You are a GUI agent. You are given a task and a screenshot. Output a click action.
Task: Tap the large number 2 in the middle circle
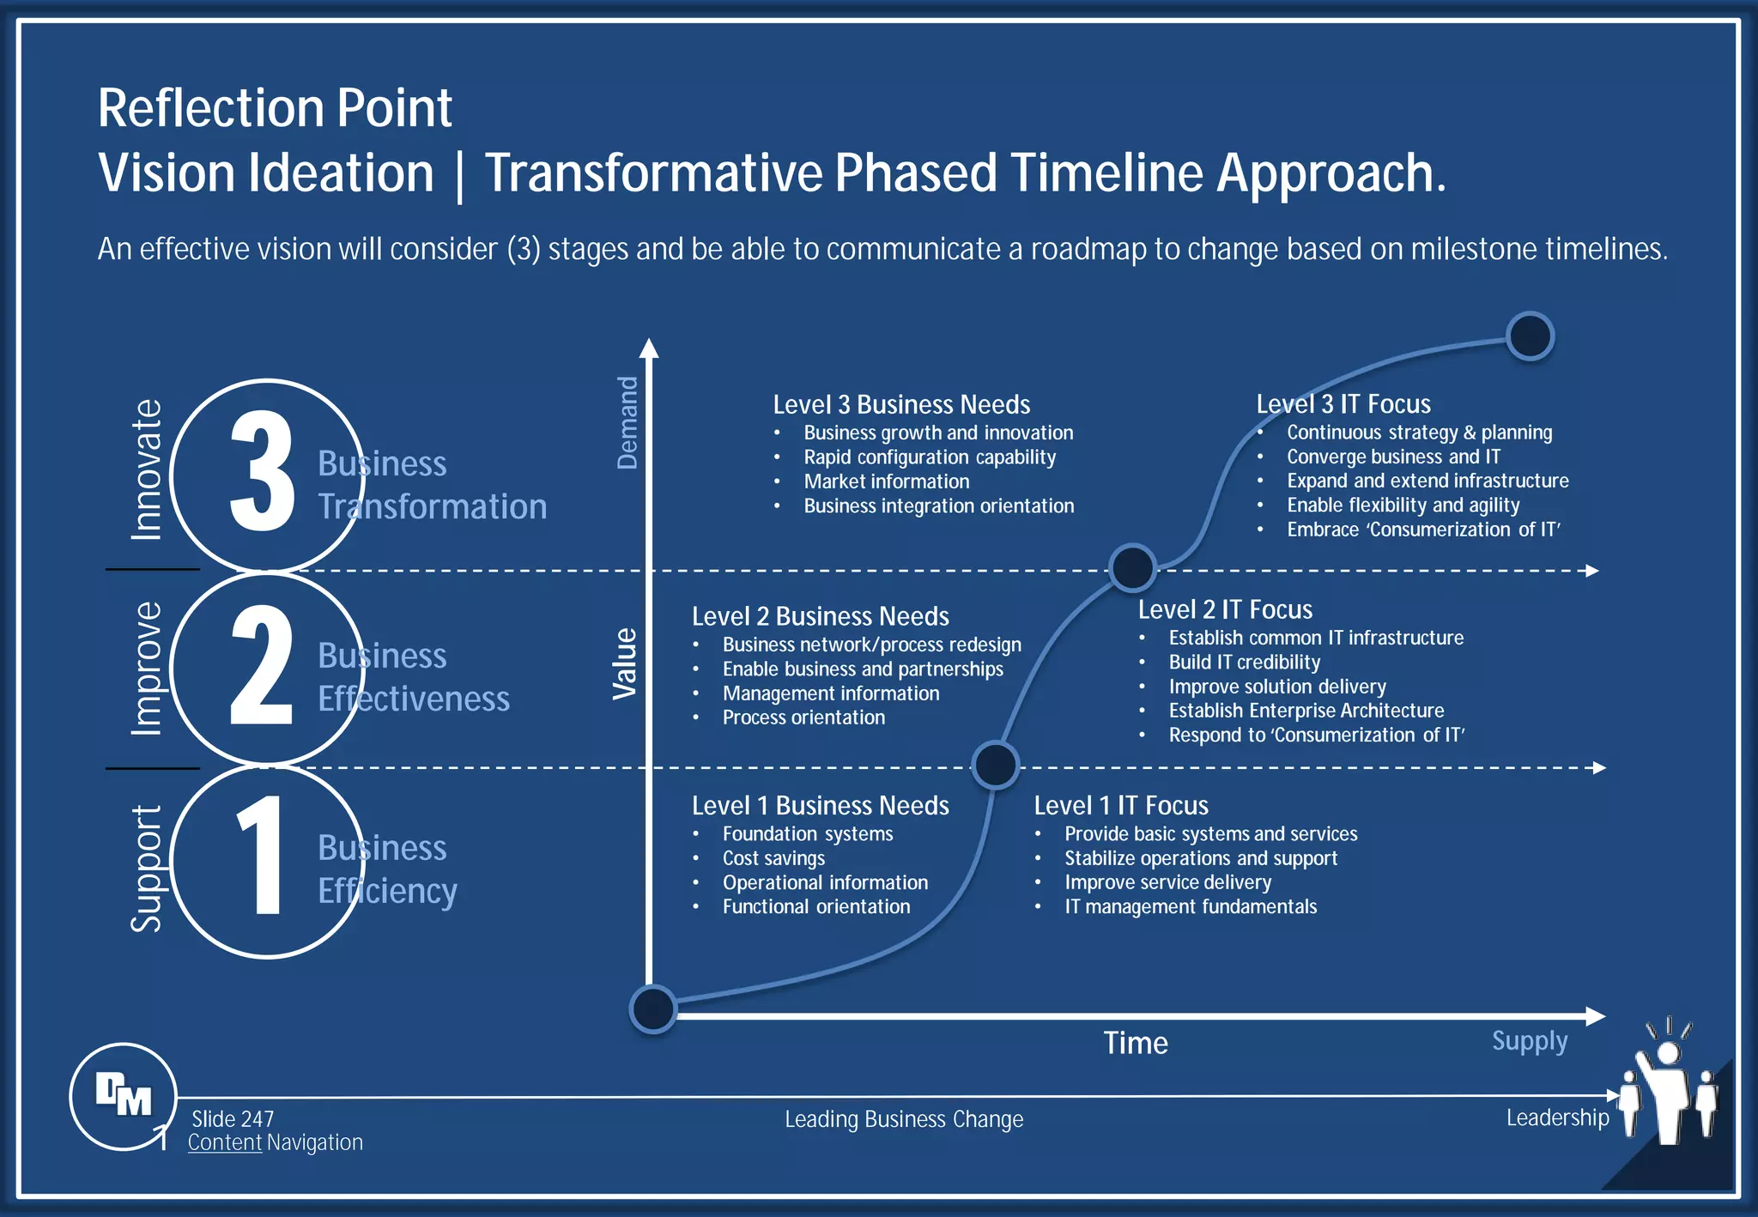coord(262,665)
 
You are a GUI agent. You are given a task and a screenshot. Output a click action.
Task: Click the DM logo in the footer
coord(124,1095)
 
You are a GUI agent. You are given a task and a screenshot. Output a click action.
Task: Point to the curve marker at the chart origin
coord(653,1009)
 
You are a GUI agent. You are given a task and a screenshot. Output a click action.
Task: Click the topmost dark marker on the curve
coord(1530,336)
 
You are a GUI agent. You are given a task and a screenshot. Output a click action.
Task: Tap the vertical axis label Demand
coord(627,422)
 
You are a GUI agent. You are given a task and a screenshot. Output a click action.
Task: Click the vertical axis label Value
coord(625,663)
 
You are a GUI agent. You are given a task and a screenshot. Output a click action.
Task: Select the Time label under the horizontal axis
coord(1135,1043)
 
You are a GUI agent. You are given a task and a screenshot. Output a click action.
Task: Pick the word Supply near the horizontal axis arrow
coord(1529,1041)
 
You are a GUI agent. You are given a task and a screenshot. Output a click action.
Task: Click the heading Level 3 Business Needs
coord(900,404)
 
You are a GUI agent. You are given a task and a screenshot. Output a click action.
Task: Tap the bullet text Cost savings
coord(773,858)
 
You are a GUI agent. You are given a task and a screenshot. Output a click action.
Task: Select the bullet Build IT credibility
coord(1244,663)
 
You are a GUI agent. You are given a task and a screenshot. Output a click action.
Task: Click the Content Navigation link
coord(275,1142)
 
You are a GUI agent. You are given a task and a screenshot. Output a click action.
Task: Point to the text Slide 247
coord(233,1119)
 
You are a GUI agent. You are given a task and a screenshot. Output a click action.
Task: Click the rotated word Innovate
coord(146,469)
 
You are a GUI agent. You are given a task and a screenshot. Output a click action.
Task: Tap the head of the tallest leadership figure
coord(1668,1053)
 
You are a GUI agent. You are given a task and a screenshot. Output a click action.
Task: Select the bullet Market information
coord(886,481)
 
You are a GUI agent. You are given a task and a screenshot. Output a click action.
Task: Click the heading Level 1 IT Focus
coord(1120,805)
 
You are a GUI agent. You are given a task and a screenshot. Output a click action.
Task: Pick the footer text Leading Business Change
coord(903,1119)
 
